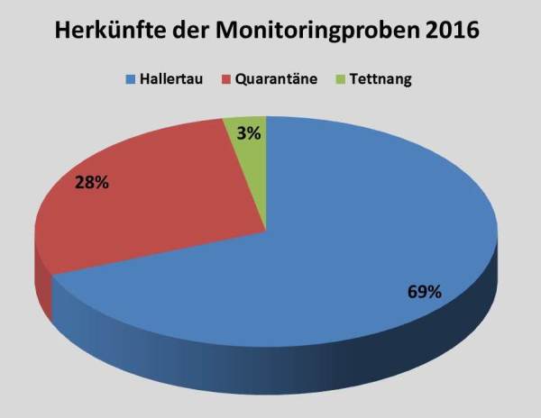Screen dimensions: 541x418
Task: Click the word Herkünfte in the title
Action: point(110,30)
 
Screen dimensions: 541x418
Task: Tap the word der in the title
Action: point(191,30)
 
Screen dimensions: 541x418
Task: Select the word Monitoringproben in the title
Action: point(317,32)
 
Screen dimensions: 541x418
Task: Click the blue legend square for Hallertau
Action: point(131,79)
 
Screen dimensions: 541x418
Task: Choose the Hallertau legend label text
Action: point(171,79)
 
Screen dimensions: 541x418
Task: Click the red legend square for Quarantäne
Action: point(226,79)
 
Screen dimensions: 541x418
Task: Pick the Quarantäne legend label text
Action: point(276,79)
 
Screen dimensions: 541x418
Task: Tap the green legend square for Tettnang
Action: point(340,79)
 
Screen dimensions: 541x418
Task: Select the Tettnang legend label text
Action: point(381,79)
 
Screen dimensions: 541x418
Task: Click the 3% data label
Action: point(249,133)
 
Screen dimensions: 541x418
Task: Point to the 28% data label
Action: point(92,182)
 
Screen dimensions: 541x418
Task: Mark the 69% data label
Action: point(425,292)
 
